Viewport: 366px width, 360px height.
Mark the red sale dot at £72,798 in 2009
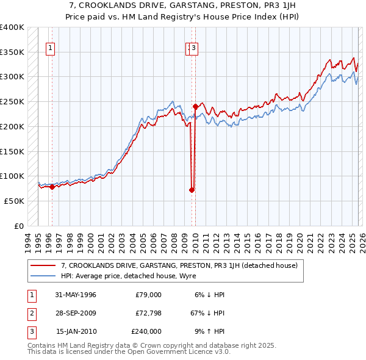192,190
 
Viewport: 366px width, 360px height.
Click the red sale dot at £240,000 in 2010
195,106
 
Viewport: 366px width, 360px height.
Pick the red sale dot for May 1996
52,187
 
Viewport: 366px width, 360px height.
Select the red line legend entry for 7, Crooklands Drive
179,265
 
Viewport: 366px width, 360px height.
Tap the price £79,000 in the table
148,295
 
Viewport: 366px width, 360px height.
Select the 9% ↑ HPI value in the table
209,331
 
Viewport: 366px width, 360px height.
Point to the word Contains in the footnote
42,345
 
